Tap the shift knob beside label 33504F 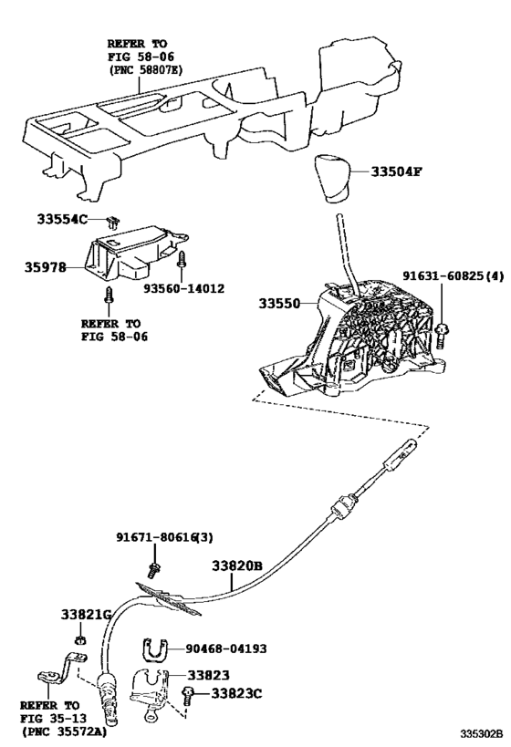(334, 178)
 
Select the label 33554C (62, 220)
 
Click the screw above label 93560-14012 (182, 259)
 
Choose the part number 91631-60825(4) (454, 275)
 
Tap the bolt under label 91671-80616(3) (154, 569)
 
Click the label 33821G (86, 614)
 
